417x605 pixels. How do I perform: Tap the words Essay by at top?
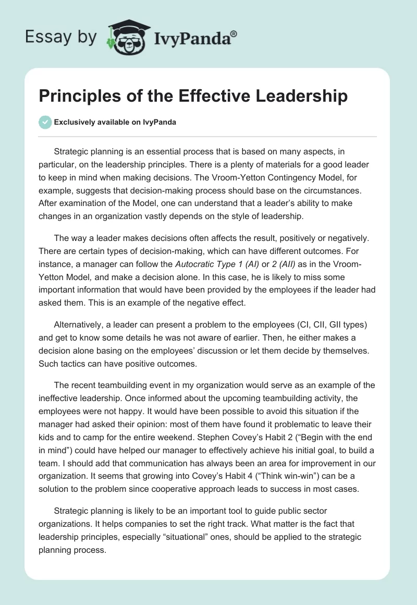click(61, 37)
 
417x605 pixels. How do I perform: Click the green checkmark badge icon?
click(45, 123)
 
